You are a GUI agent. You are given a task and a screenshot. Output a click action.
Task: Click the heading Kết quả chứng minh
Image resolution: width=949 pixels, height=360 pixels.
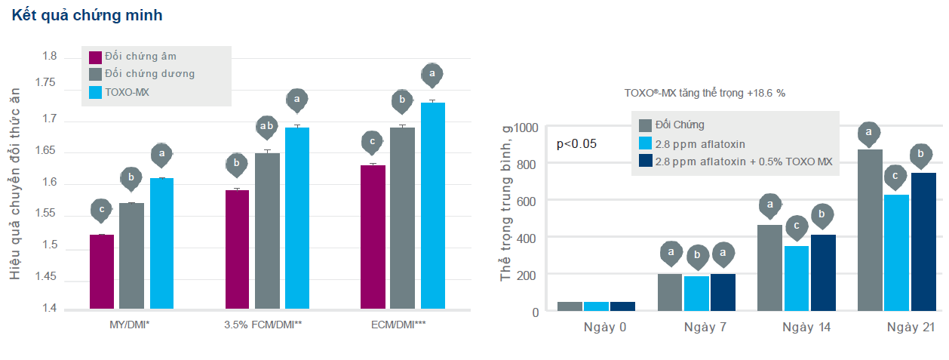[x=87, y=15]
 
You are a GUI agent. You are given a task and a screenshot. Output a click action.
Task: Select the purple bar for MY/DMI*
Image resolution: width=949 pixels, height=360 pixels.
[x=102, y=272]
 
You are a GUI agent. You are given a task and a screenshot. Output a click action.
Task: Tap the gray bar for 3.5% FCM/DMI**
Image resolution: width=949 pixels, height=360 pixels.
[x=267, y=230]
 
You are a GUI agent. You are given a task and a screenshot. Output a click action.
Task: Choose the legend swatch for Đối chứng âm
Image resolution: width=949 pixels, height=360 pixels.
[x=96, y=57]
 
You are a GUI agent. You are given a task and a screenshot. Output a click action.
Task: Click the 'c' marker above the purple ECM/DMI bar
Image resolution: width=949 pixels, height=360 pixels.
[x=373, y=140]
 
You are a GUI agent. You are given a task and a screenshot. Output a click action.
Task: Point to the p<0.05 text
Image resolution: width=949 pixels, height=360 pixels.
[x=576, y=143]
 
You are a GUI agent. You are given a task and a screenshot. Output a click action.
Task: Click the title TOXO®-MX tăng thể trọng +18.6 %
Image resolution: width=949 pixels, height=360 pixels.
[x=705, y=94]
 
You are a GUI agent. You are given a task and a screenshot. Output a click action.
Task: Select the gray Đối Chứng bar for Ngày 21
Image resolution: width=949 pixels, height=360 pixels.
[x=870, y=230]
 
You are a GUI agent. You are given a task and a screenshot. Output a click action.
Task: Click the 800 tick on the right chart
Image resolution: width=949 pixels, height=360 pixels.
[x=527, y=164]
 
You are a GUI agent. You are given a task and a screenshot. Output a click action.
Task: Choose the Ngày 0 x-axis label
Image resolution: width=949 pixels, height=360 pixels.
[x=605, y=327]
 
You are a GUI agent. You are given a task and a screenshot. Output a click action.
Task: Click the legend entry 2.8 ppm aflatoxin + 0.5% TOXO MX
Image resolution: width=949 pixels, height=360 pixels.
[x=743, y=161]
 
